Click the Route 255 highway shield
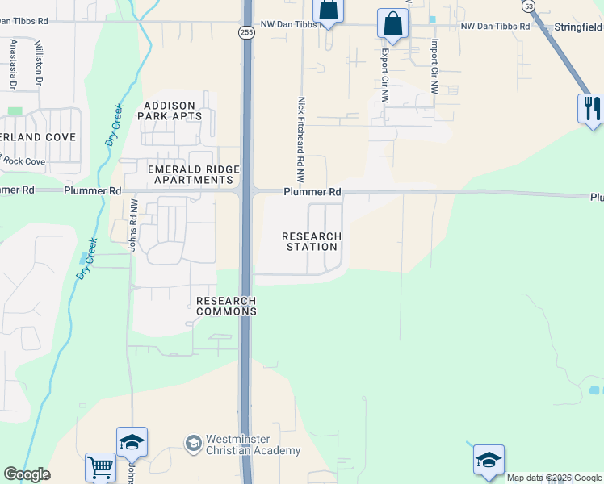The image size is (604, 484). [x=247, y=31]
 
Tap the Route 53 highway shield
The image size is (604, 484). [x=528, y=6]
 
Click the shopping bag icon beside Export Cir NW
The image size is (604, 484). [x=392, y=24]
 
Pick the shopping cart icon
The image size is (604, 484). [x=100, y=467]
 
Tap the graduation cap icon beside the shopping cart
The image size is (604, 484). [x=132, y=442]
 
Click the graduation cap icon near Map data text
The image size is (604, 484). [x=489, y=460]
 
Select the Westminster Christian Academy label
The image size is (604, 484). [x=242, y=444]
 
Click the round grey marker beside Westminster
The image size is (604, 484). [x=193, y=443]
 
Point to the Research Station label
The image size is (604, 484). [x=312, y=241]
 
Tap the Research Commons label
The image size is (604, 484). [x=227, y=306]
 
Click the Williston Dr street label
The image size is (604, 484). [x=38, y=63]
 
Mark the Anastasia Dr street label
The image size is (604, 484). [x=13, y=65]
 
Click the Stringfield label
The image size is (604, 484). [x=578, y=27]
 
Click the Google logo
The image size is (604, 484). [x=27, y=474]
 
